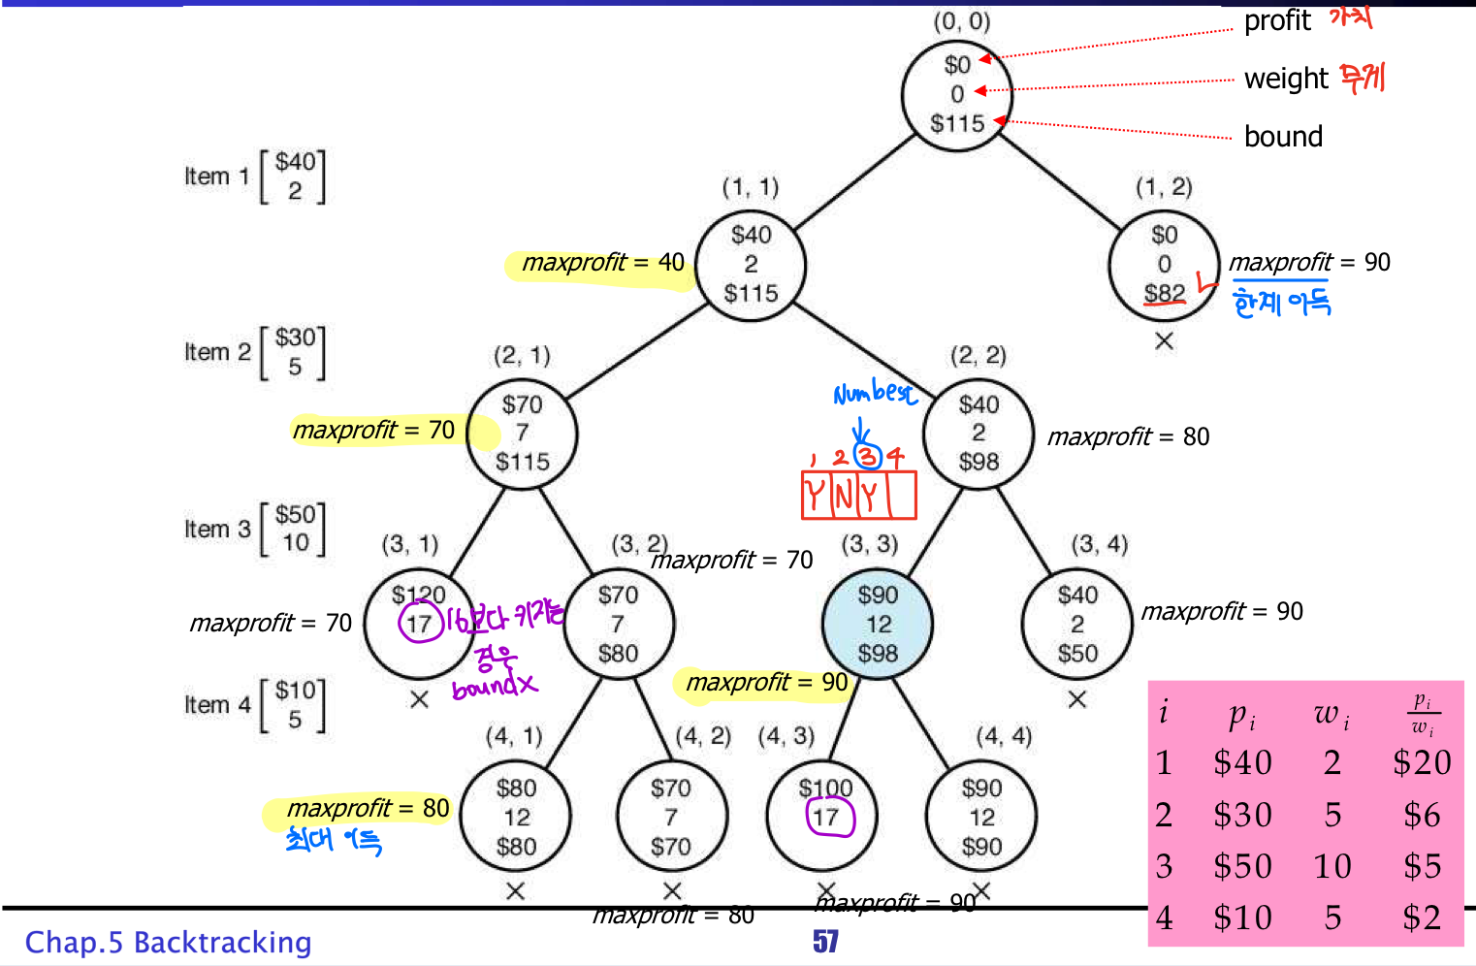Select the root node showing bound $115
957,95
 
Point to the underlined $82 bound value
1165,293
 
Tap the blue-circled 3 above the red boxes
867,456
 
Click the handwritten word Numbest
875,393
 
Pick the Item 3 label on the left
217,529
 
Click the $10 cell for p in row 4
1242,918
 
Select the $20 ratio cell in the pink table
1422,762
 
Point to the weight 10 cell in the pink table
1332,866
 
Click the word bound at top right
1283,137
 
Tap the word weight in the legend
1286,79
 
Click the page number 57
825,941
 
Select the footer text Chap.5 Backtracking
169,942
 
